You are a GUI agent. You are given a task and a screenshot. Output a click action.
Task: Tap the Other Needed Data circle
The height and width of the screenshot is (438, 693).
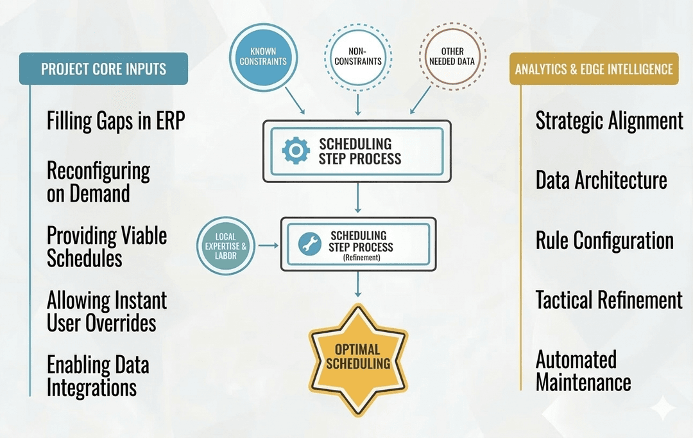click(x=452, y=57)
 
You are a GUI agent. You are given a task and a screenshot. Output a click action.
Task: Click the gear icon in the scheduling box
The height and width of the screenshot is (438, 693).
click(x=295, y=150)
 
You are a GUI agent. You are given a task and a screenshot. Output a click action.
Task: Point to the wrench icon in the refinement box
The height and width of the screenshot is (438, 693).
click(x=310, y=243)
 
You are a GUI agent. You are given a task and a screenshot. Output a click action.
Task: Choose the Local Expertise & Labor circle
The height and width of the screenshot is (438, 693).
click(x=225, y=245)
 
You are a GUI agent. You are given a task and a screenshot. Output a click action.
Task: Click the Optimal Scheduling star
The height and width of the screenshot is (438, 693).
click(x=357, y=356)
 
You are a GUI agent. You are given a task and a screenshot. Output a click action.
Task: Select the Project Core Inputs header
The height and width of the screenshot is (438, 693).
click(x=103, y=69)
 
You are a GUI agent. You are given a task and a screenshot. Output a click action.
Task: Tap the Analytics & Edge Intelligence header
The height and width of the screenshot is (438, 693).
click(x=594, y=69)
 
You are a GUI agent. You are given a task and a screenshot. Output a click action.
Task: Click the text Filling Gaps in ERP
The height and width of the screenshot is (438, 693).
click(x=116, y=121)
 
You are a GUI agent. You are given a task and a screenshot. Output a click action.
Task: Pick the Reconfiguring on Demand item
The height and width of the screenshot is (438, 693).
click(x=98, y=182)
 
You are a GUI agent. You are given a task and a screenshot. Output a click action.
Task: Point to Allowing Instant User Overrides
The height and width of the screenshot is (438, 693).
click(x=106, y=311)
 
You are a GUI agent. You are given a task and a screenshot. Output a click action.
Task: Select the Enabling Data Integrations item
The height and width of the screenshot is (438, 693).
click(x=98, y=376)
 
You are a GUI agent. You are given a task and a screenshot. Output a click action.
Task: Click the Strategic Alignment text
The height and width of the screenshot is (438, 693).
click(x=609, y=121)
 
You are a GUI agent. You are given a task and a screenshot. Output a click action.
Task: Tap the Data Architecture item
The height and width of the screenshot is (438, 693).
click(x=601, y=181)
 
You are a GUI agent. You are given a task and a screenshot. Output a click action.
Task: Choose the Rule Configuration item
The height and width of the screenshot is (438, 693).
click(x=604, y=241)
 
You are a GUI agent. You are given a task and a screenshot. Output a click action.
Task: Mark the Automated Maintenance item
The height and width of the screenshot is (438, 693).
click(x=583, y=371)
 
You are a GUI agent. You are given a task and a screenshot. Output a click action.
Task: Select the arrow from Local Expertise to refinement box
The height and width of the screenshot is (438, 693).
click(x=268, y=245)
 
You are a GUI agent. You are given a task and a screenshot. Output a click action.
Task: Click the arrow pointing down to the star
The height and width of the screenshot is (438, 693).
click(x=357, y=285)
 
